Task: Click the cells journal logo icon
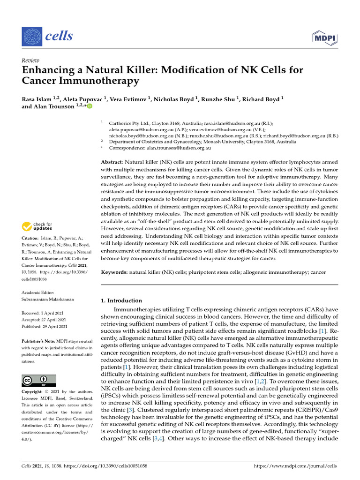pos(31,36)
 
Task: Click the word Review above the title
pos(30,60)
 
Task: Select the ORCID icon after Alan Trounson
pos(90,106)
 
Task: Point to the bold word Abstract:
pos(114,162)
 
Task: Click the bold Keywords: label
pos(115,272)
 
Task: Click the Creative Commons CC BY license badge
pos(39,381)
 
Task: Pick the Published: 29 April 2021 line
pos(45,326)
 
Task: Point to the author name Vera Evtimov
pos(129,99)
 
